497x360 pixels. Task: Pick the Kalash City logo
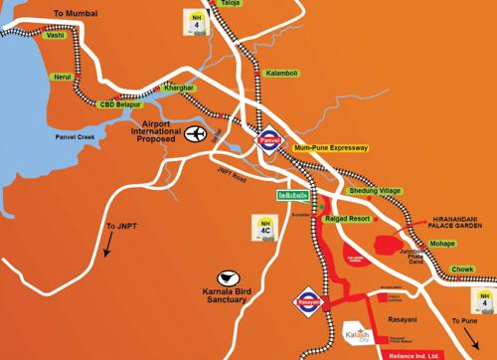point(355,333)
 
